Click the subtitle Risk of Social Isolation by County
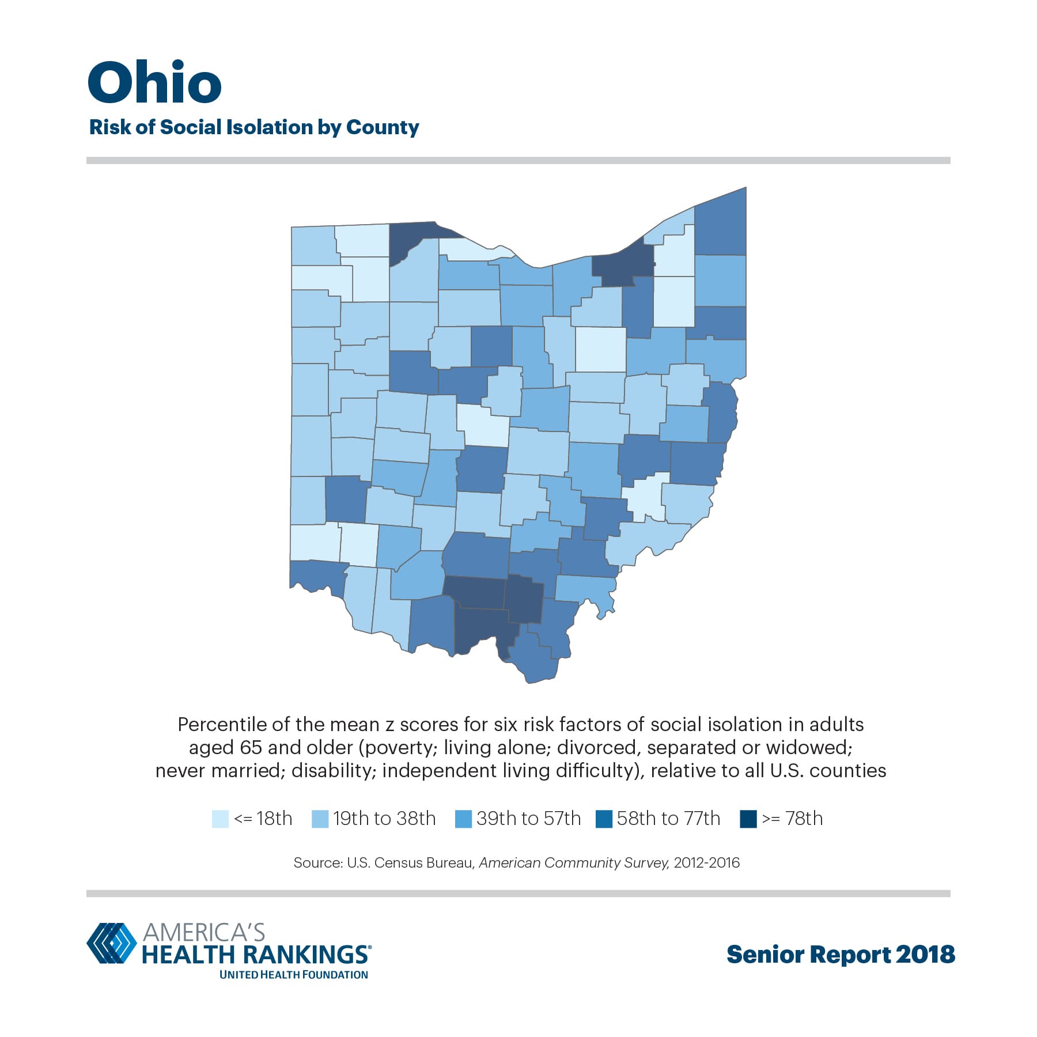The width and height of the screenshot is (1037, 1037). pos(254,127)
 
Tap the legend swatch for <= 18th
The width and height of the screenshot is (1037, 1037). pos(220,819)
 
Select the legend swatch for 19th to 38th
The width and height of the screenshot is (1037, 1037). pos(320,819)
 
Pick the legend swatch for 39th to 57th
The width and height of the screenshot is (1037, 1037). pos(463,819)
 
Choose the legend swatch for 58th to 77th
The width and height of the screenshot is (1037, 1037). pos(604,819)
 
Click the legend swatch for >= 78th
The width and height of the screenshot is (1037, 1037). pos(748,819)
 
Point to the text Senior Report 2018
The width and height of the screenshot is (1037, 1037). pos(841,955)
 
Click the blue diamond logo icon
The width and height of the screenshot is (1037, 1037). pos(112,943)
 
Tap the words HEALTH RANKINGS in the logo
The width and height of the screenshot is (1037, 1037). pos(255,955)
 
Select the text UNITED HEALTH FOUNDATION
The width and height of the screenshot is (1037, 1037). pos(293,975)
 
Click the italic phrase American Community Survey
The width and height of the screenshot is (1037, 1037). pos(574,862)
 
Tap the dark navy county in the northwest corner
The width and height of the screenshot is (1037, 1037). pos(415,239)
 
